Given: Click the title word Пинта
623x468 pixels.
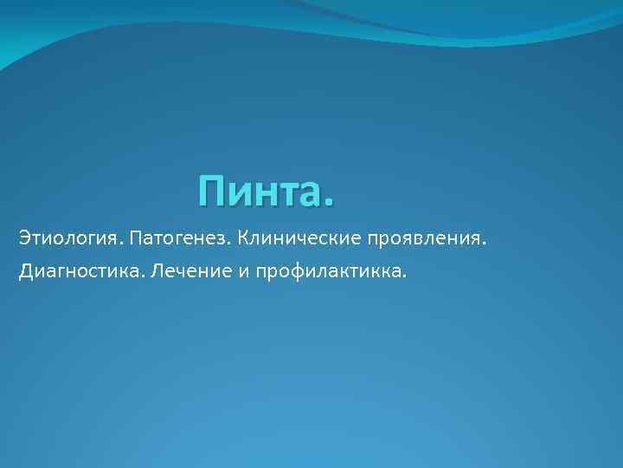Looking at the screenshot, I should coord(264,192).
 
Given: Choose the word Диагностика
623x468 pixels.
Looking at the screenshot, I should coord(80,273).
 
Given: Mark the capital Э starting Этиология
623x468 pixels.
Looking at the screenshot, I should coord(22,237).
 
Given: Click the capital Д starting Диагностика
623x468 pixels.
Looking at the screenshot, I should coord(24,273).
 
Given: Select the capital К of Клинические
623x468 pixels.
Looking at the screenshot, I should coord(241,237).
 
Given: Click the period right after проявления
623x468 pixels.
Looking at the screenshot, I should coord(485,243).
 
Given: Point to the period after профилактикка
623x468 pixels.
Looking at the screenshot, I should coord(402,279).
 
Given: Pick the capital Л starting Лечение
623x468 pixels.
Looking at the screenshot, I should coord(157,273).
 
